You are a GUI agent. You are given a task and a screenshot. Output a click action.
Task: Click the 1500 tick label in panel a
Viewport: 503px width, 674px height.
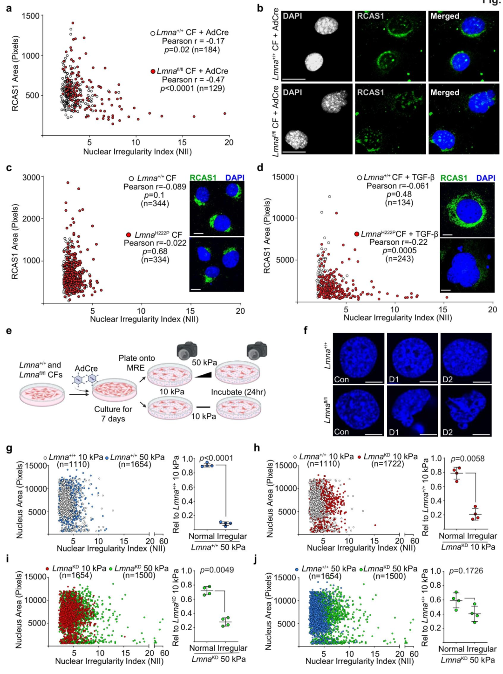click(x=31, y=16)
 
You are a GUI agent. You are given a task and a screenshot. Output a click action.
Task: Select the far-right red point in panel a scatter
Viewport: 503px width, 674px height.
click(x=224, y=113)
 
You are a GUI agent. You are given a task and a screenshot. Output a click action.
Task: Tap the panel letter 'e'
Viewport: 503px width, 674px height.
click(x=9, y=331)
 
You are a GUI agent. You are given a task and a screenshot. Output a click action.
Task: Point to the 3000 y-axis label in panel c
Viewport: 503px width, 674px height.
click(x=31, y=178)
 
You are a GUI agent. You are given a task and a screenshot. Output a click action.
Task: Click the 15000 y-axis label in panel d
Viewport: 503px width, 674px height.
click(x=283, y=177)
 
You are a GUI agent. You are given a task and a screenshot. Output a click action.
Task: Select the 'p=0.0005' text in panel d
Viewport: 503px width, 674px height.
click(x=399, y=250)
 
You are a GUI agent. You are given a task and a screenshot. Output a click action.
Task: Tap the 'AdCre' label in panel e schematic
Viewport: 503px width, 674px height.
click(x=86, y=368)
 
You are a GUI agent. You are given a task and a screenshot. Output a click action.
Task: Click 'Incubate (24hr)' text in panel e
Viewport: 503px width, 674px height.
click(x=238, y=392)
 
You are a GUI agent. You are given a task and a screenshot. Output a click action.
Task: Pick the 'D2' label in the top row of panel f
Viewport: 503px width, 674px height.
click(x=448, y=379)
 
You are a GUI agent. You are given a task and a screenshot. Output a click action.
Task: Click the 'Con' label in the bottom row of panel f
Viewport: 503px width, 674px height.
click(x=341, y=432)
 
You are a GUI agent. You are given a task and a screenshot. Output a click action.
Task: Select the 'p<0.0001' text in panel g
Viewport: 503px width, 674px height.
click(x=216, y=458)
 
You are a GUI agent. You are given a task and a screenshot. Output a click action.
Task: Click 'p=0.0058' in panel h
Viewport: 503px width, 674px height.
click(x=468, y=459)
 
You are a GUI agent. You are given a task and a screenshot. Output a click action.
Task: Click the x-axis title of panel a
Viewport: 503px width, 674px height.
click(x=137, y=151)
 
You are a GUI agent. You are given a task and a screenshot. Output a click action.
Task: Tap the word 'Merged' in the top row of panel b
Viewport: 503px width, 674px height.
click(x=445, y=16)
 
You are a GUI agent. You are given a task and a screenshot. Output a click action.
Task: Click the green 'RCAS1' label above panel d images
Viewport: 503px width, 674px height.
click(x=454, y=178)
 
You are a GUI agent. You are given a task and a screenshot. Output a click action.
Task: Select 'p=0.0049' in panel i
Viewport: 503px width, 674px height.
click(x=217, y=570)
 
